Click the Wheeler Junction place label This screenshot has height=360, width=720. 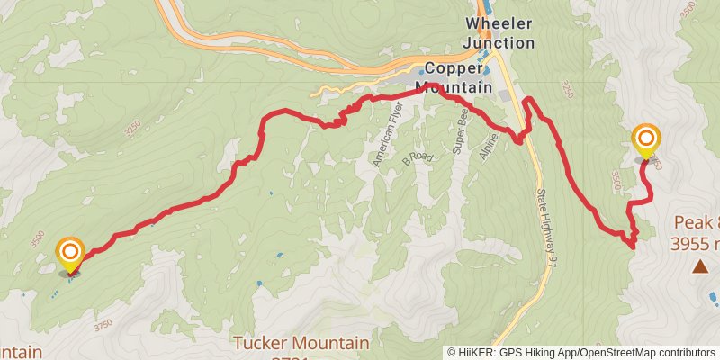(x=499, y=32)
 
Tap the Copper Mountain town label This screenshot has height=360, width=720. (x=458, y=77)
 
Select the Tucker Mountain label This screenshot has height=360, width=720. (x=301, y=343)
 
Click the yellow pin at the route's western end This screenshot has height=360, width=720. (x=70, y=253)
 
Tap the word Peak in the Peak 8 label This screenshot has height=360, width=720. (x=690, y=223)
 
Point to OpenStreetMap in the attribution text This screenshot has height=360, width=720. (x=613, y=353)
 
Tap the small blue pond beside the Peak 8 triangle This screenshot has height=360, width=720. (x=714, y=295)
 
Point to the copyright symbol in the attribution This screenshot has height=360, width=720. (x=452, y=353)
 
